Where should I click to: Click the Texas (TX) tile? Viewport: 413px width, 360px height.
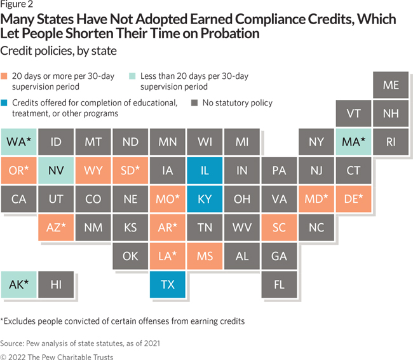click(x=167, y=284)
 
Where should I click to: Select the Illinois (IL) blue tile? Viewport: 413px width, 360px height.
click(x=205, y=170)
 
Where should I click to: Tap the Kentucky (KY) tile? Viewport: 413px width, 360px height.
click(x=205, y=199)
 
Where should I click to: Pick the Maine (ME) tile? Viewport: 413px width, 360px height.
click(x=391, y=85)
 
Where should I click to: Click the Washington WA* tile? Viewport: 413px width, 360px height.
click(x=18, y=142)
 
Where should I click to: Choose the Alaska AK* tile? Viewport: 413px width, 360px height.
click(x=18, y=284)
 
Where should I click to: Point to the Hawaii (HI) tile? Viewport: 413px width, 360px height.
click(x=55, y=284)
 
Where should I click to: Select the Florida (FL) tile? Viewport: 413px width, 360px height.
click(x=279, y=284)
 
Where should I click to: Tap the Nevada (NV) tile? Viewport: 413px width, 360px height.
click(x=55, y=170)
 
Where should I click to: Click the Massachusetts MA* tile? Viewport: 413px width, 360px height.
click(x=353, y=142)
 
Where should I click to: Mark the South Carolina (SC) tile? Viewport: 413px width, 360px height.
click(x=279, y=227)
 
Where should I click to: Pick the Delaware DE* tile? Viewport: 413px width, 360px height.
click(x=353, y=199)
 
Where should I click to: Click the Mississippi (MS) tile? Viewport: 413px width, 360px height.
click(x=205, y=256)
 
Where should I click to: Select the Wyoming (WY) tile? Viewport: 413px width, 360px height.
click(x=93, y=170)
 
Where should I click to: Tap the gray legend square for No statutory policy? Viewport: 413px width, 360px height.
click(x=194, y=103)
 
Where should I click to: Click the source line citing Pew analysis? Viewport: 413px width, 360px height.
click(x=80, y=343)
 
